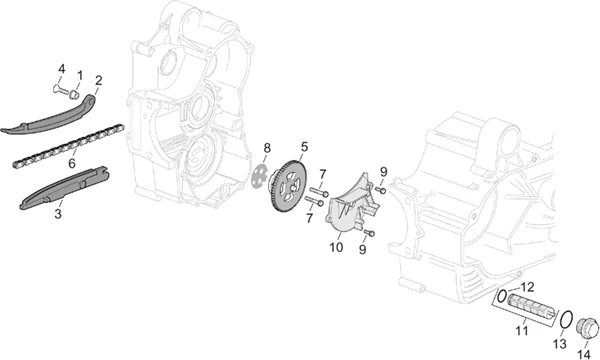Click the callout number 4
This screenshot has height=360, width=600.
click(61, 70)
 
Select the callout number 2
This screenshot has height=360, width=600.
click(99, 81)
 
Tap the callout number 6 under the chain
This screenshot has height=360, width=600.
click(72, 163)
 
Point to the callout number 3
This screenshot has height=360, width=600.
click(58, 213)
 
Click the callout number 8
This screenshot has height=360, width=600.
click(267, 147)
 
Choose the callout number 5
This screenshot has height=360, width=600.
click(304, 146)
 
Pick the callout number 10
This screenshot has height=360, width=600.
click(336, 248)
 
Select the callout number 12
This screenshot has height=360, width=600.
click(527, 287)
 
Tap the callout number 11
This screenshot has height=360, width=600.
click(522, 331)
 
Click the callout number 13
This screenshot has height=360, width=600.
click(560, 344)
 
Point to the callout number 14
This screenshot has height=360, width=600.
click(584, 354)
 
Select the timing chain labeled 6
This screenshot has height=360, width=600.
click(68, 147)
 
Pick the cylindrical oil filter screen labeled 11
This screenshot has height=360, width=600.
click(531, 306)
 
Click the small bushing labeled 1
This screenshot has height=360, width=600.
click(74, 94)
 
